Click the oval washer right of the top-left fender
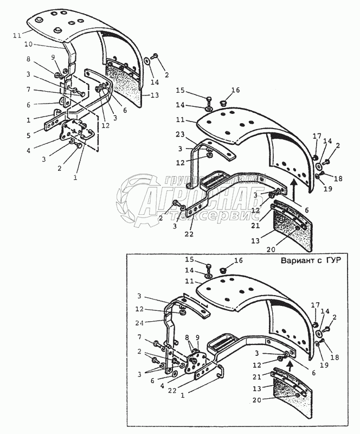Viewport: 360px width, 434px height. click(x=147, y=61)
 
